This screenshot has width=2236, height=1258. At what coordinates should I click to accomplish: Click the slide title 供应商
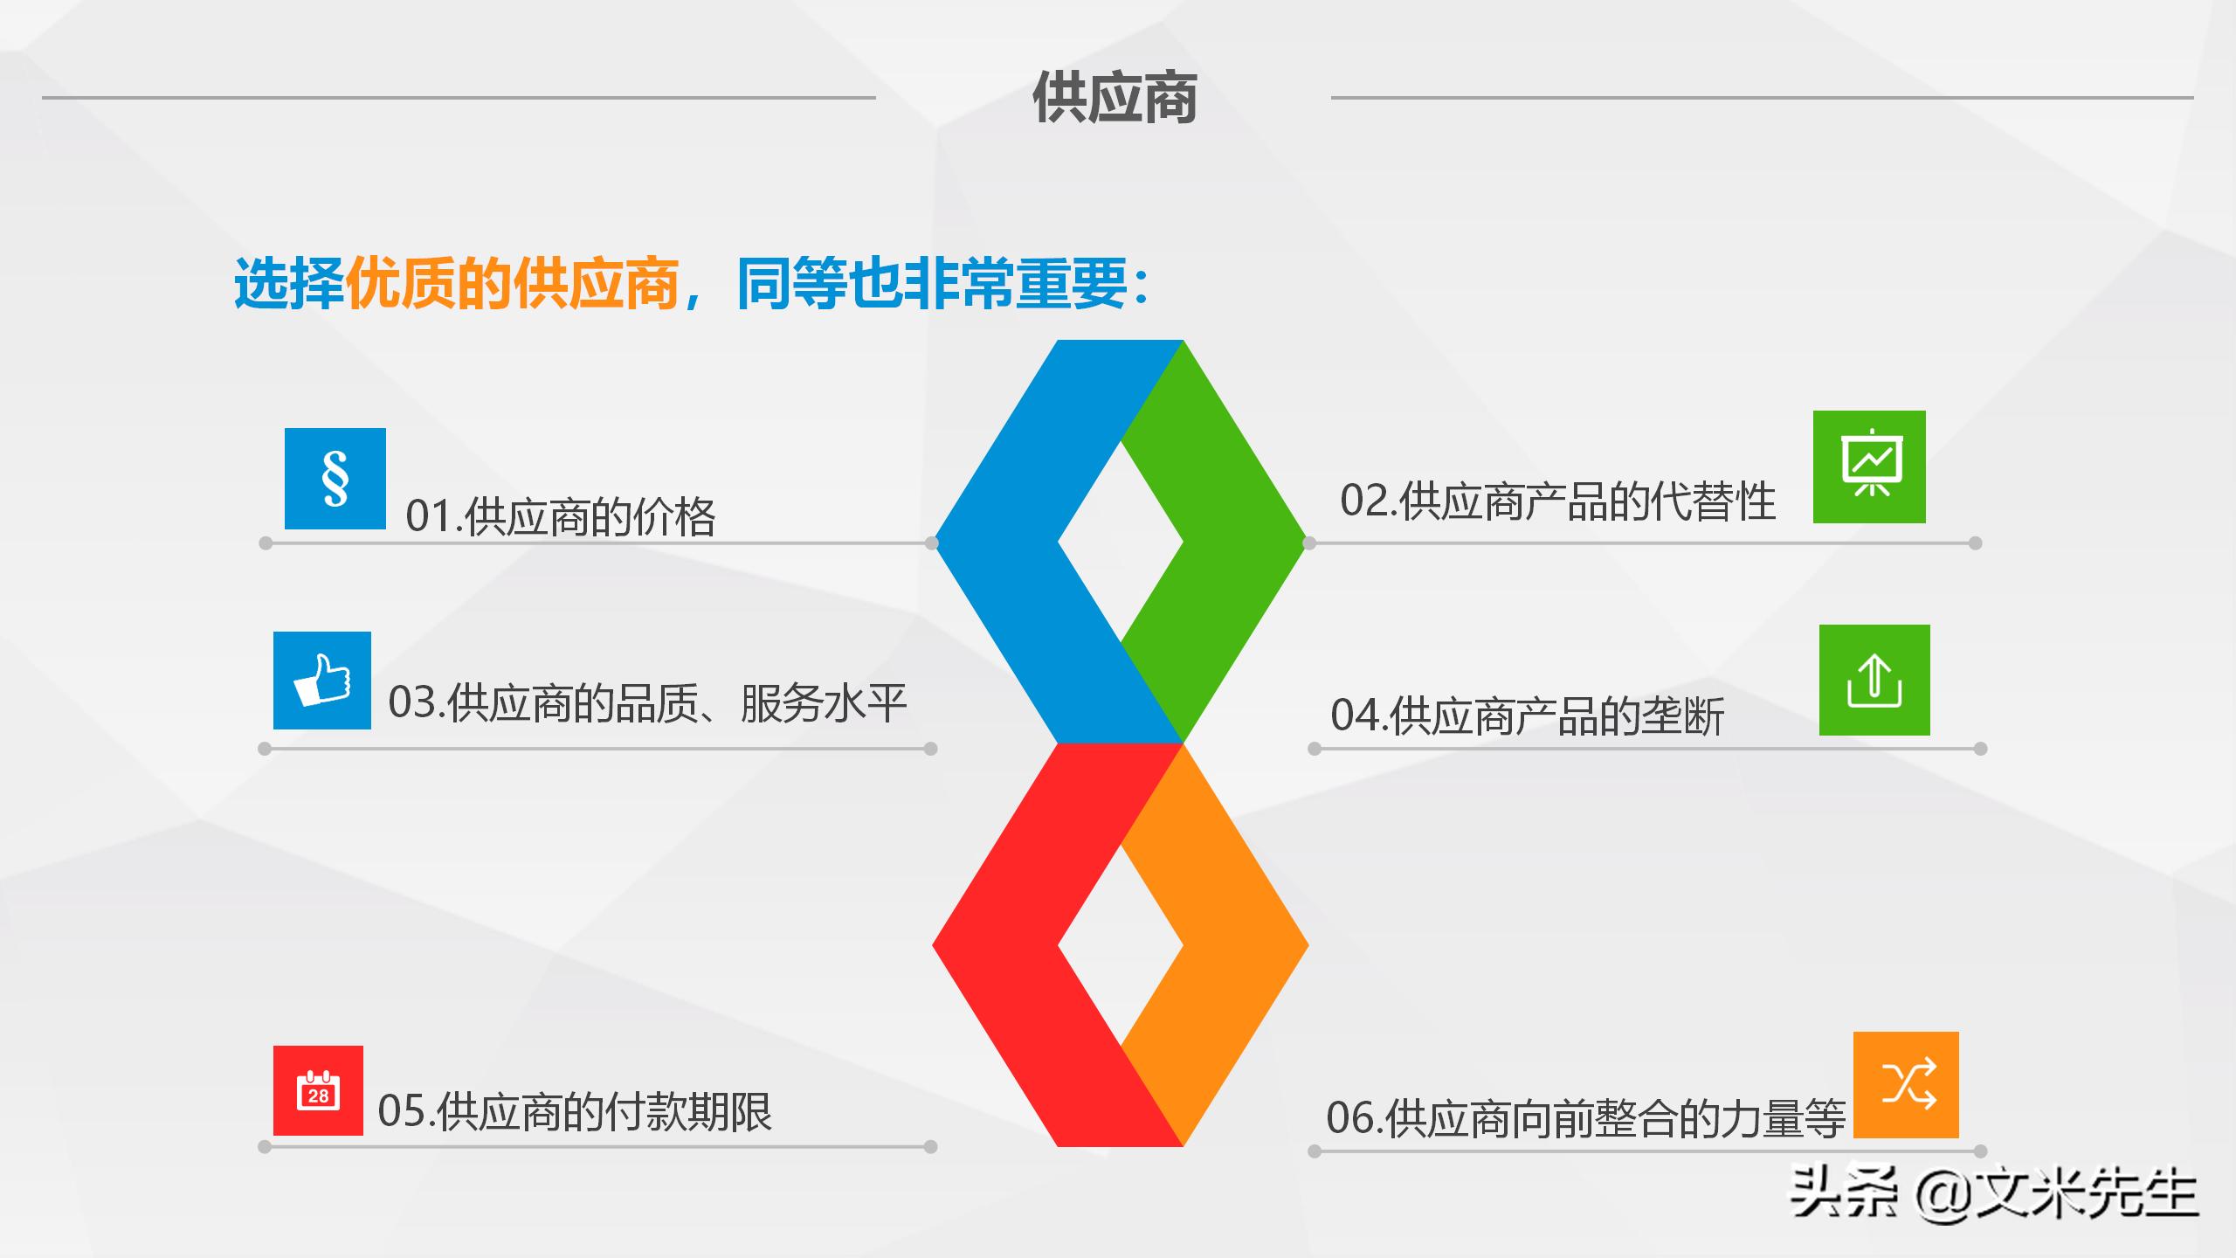tap(1115, 98)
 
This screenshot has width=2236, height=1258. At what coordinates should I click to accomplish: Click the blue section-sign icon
tap(335, 478)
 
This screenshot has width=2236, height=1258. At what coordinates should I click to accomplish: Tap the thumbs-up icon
tap(322, 681)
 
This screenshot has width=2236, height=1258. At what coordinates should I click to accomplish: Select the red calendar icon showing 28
tap(318, 1090)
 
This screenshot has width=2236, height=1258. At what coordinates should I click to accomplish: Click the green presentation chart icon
tap(1869, 467)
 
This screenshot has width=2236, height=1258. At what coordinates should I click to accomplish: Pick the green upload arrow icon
tap(1874, 680)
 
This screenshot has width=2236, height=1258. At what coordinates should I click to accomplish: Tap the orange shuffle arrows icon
tap(1906, 1085)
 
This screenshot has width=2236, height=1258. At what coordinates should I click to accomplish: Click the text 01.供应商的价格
tap(561, 516)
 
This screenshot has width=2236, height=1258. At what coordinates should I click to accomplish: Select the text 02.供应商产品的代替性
tap(1557, 501)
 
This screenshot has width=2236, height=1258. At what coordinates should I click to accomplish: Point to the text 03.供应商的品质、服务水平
tap(647, 703)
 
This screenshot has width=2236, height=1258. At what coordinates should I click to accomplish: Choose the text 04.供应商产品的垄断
tap(1527, 716)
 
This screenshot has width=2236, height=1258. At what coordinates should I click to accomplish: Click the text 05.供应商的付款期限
tap(575, 1112)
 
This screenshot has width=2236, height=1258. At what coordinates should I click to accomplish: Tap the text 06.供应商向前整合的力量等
tap(1584, 1118)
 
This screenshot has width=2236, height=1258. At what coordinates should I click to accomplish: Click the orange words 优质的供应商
tap(513, 283)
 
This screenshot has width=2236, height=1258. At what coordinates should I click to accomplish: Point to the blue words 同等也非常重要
tap(932, 283)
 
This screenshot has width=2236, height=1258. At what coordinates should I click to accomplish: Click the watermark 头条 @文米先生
tap(1993, 1193)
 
